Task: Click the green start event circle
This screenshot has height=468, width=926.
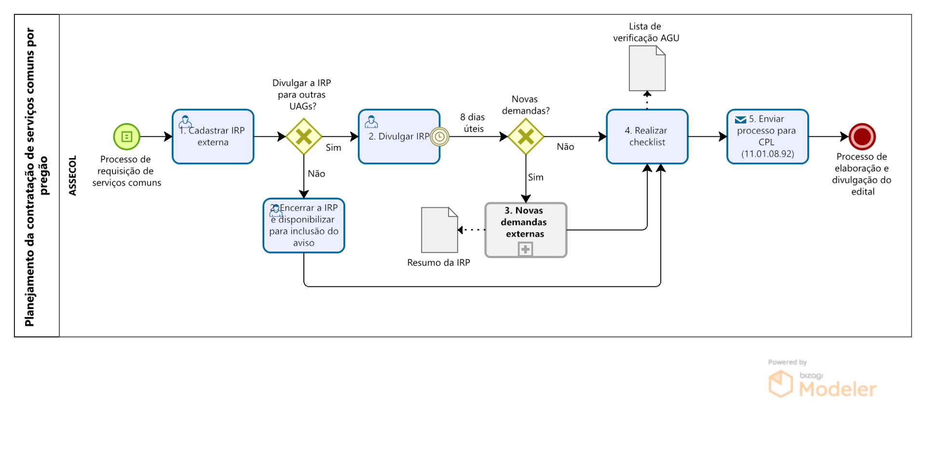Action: click(126, 137)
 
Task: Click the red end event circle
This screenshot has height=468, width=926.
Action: click(862, 137)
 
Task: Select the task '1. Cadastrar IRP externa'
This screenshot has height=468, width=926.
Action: click(213, 137)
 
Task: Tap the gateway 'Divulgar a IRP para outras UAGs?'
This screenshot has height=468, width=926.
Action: click(304, 137)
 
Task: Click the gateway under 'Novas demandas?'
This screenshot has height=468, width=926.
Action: click(526, 137)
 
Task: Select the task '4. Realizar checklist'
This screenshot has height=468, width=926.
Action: click(647, 137)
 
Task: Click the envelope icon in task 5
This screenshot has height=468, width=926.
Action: click(740, 120)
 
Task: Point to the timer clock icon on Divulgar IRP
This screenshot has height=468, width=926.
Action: click(439, 137)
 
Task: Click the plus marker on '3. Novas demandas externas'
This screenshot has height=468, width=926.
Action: click(525, 250)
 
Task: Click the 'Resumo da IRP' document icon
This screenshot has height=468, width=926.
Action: click(439, 230)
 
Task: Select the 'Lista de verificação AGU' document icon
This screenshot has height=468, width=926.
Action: click(647, 68)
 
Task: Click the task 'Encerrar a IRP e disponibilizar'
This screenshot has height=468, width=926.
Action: click(304, 226)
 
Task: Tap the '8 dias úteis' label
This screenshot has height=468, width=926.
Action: click(473, 123)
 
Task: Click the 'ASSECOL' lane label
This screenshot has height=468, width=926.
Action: click(73, 175)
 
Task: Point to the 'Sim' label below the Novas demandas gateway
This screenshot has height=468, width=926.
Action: click(535, 177)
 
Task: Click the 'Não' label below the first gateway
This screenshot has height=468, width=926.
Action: click(316, 174)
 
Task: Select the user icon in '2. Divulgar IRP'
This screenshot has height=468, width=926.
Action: click(371, 121)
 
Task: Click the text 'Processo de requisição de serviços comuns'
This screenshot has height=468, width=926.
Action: click(126, 171)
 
